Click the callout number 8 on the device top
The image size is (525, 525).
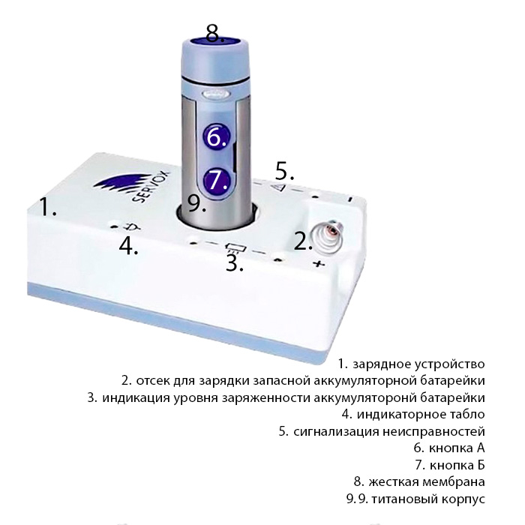[214, 34]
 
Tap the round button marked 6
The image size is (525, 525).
[217, 136]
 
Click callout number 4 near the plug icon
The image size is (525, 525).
[128, 246]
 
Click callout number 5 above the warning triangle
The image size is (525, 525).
[284, 171]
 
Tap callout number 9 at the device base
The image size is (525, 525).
[196, 203]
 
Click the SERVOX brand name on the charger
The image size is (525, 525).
[151, 187]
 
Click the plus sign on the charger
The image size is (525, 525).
[319, 264]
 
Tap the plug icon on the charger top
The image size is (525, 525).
[132, 226]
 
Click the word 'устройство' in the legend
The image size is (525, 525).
[450, 364]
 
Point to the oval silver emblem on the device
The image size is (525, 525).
[215, 94]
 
